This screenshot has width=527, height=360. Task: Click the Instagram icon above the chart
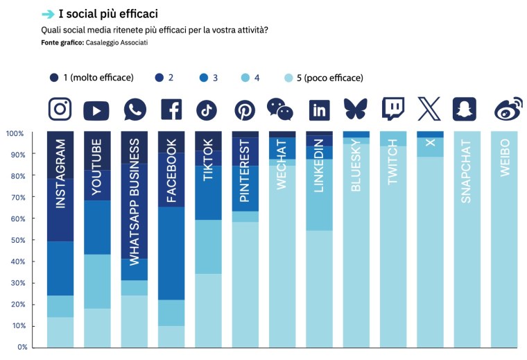pyautogui.click(x=60, y=109)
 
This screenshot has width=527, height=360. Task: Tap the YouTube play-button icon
pyautogui.click(x=96, y=110)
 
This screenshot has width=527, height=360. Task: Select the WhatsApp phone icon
pyautogui.click(x=135, y=110)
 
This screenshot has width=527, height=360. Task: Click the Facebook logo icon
pyautogui.click(x=171, y=110)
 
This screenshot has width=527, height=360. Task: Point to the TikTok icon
pyautogui.click(x=207, y=110)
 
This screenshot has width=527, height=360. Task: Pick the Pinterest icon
pyautogui.click(x=244, y=110)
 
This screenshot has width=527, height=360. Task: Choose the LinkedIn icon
pyautogui.click(x=319, y=110)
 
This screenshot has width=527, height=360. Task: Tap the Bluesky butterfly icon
pyautogui.click(x=356, y=109)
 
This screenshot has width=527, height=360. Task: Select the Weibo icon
pyautogui.click(x=504, y=110)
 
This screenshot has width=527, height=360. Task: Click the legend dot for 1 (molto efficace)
pyautogui.click(x=54, y=78)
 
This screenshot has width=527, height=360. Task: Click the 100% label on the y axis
pyautogui.click(x=15, y=132)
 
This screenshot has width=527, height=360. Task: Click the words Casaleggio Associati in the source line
pyautogui.click(x=117, y=43)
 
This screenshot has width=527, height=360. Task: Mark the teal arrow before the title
pyautogui.click(x=48, y=14)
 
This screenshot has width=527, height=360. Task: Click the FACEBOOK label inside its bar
pyautogui.click(x=171, y=171)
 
